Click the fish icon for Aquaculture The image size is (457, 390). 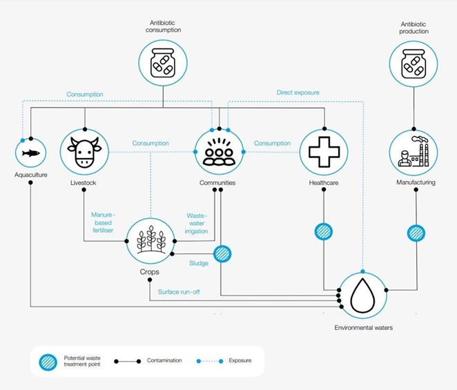[x=30, y=153]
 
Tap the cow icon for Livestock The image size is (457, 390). [x=84, y=152]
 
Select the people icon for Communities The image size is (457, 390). [x=219, y=153]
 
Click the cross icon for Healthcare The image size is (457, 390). [x=323, y=152]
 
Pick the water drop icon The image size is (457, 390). [x=362, y=295]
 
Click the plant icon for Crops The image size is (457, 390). [x=150, y=240]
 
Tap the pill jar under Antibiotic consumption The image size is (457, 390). [x=163, y=64]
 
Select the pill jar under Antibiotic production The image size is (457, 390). [x=414, y=64]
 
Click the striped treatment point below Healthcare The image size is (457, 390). [x=324, y=231]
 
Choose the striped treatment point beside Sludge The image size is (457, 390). [x=222, y=254]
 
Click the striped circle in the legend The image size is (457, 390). [x=47, y=361]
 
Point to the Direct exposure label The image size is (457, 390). [x=298, y=92]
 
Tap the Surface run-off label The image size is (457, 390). [x=179, y=292]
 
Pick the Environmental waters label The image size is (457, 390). [x=362, y=328]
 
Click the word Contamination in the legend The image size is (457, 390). [x=165, y=361]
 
